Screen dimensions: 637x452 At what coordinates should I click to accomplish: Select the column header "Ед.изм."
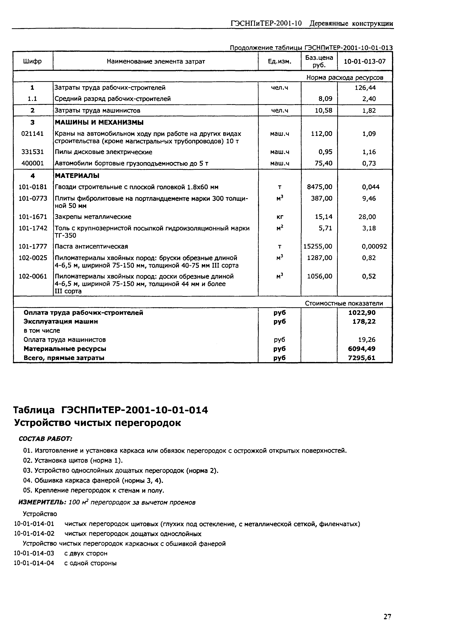[279, 61]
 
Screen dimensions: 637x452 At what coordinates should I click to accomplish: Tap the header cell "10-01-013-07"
[365, 61]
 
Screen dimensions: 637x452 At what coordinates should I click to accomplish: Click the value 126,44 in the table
[365, 88]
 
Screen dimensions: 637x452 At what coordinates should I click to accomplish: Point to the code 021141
[33, 134]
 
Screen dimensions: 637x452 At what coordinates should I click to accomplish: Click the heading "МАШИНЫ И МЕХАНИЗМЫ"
[99, 122]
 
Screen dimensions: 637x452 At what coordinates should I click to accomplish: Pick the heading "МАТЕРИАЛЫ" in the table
[77, 176]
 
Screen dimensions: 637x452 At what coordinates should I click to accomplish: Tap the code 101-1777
[33, 247]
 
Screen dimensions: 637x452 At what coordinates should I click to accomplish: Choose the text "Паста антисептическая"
[91, 247]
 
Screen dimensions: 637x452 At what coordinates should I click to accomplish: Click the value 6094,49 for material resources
[362, 349]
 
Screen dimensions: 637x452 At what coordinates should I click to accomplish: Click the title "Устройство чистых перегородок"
[97, 423]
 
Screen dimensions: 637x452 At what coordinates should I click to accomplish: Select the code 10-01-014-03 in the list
[34, 553]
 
